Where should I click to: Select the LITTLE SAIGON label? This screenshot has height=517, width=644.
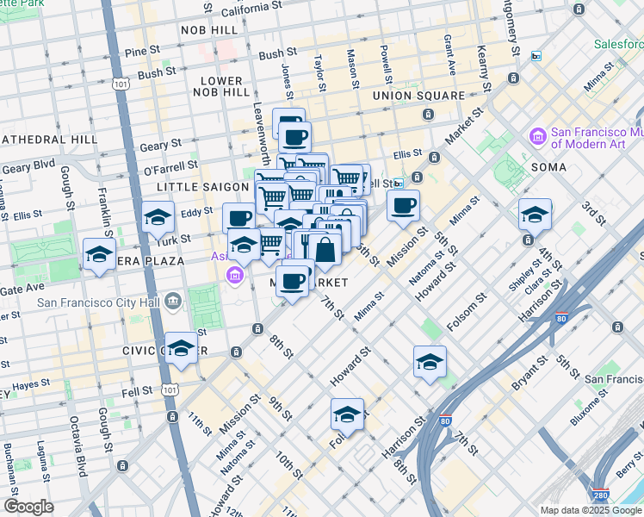coord(201,187)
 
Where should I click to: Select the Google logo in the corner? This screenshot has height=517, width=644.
coord(28,507)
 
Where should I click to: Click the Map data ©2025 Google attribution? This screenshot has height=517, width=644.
coord(591,510)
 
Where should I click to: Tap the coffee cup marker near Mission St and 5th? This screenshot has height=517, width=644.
coord(403,206)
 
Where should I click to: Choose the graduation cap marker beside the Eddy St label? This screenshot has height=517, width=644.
coord(158,217)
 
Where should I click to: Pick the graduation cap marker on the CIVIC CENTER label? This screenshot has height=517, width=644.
coord(181,347)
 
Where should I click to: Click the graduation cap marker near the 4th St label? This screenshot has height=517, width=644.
coord(535,214)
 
